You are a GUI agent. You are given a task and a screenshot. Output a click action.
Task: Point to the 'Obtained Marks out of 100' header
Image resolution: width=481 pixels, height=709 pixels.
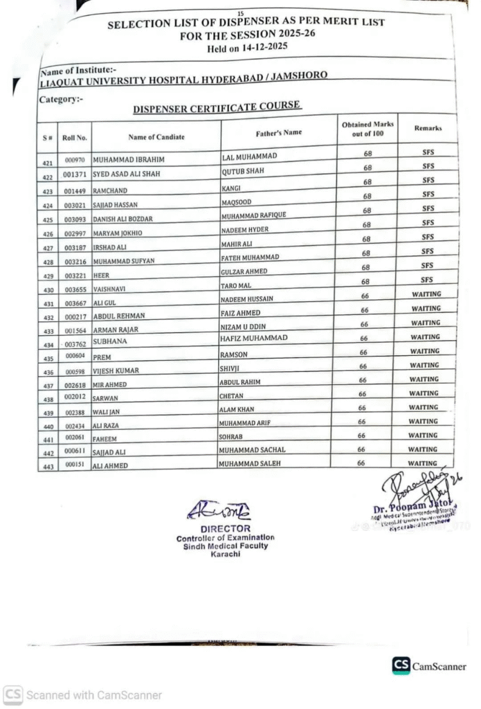click(367, 129)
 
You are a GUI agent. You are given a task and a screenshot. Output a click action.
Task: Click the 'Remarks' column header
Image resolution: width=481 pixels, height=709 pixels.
click(428, 128)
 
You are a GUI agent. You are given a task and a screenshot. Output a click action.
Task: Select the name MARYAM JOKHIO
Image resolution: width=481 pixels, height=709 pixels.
click(117, 233)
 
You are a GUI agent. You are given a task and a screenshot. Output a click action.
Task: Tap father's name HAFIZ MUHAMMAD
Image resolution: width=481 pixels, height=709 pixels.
click(253, 338)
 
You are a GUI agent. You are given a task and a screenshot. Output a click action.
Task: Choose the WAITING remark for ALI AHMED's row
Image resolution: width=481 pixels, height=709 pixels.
click(423, 463)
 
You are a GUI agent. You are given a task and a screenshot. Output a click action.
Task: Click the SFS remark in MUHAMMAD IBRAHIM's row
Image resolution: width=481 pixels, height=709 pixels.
click(428, 152)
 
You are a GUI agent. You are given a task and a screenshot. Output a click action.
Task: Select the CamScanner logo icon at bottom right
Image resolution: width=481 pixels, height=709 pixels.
click(401, 665)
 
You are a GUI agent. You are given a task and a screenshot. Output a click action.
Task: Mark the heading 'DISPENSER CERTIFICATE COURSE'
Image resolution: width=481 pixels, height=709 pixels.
click(217, 107)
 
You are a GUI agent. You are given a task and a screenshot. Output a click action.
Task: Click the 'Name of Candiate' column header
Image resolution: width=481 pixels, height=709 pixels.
click(156, 136)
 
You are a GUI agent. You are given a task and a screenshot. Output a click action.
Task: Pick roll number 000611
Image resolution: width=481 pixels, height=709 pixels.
click(75, 451)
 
